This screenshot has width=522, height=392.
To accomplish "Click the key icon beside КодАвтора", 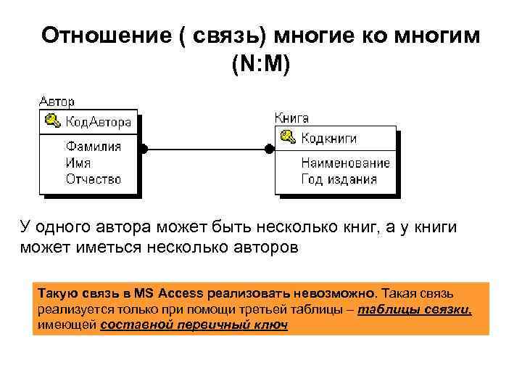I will [52, 121].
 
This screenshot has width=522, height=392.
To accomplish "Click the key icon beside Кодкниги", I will [287, 137].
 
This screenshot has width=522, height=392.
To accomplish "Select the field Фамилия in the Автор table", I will [93, 147].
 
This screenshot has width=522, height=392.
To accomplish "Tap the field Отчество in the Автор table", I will [93, 179].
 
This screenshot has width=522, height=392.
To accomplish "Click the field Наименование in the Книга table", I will [345, 163].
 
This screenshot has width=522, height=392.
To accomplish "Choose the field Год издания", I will [339, 179].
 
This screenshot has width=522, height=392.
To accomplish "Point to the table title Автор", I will [56, 102].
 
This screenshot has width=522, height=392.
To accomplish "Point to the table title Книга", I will [292, 118].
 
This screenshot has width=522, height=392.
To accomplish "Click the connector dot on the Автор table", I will [144, 149].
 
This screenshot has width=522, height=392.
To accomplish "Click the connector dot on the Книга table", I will [269, 149].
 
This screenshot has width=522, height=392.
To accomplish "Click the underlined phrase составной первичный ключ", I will [194, 325].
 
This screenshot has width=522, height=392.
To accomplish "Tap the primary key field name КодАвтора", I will [99, 121].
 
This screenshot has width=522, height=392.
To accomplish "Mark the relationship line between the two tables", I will [207, 149].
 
